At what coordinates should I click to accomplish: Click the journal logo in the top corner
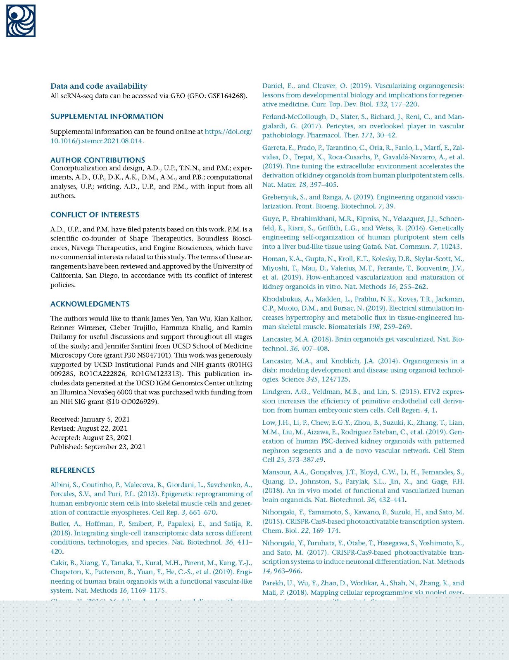point(21,21)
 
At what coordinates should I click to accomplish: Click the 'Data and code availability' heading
point(99,86)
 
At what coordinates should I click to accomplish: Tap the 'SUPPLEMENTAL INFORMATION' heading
point(107,117)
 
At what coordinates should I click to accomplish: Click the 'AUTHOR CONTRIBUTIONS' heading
point(98,160)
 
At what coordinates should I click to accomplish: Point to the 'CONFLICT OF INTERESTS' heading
point(95,215)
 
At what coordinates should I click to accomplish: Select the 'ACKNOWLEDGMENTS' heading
point(90,304)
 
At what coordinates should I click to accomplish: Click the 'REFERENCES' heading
point(72,470)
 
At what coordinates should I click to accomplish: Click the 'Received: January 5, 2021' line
point(90,420)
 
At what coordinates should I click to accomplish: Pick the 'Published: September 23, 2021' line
point(98,447)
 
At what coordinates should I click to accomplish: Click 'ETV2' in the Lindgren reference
point(424,392)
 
